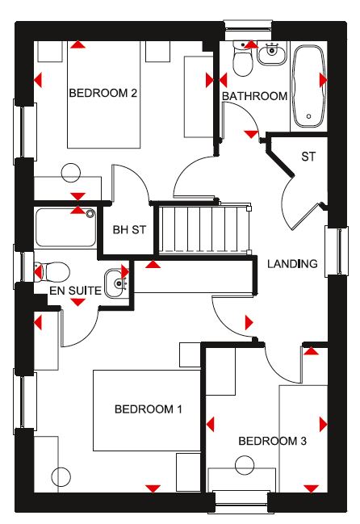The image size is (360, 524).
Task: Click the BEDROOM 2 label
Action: (103, 93)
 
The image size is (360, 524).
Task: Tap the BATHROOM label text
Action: (254, 96)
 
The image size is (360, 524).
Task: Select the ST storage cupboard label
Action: (308, 157)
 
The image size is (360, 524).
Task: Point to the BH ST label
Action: (129, 230)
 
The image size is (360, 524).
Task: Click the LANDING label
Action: (292, 264)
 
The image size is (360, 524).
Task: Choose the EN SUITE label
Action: (75, 291)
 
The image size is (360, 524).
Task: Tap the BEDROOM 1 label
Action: (149, 409)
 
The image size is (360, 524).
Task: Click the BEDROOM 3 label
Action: (272, 441)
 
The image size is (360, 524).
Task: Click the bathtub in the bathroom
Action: (308, 86)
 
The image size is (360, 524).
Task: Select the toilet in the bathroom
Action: (243, 59)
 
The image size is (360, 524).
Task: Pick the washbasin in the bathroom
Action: (272, 53)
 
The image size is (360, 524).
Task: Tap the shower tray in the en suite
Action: (66, 228)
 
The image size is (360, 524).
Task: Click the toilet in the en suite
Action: (52, 272)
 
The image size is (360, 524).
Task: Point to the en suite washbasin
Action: (116, 283)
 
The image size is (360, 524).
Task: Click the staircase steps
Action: (203, 229)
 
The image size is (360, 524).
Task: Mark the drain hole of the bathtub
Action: (309, 116)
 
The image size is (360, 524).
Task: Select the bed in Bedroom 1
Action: (147, 410)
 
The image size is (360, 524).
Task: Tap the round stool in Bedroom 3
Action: (245, 465)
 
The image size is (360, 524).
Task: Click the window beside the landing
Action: (337, 251)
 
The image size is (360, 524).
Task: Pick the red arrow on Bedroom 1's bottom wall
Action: (153, 488)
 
